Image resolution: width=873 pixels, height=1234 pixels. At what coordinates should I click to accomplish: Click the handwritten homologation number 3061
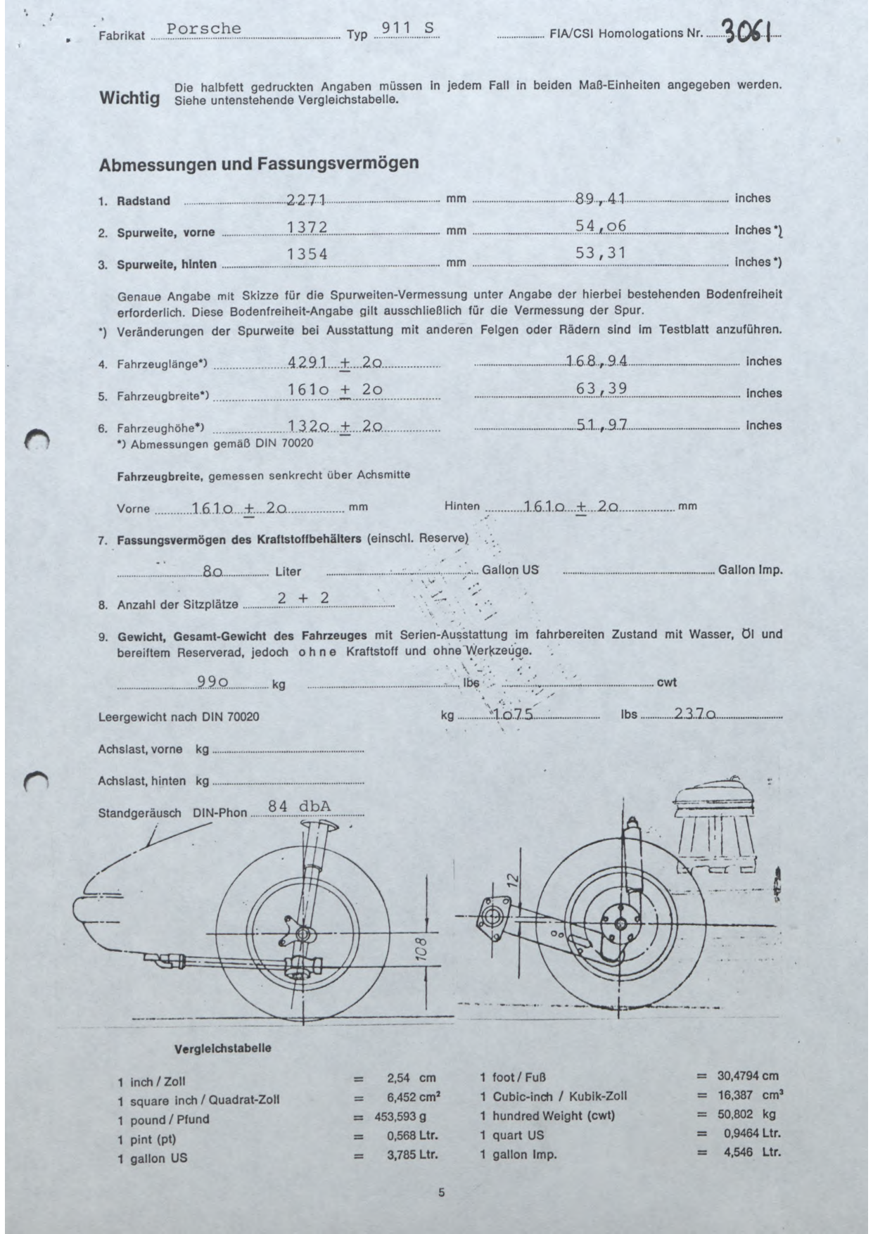point(748,32)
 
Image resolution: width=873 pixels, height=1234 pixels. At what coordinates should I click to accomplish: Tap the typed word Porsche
point(204,29)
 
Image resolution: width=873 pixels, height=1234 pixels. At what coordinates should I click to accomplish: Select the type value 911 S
point(407,28)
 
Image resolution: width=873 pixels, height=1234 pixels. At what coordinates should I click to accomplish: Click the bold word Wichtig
point(129,97)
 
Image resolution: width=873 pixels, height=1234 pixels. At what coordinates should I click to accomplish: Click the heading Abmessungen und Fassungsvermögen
point(259,164)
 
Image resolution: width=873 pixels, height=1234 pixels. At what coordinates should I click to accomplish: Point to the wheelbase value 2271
point(307,200)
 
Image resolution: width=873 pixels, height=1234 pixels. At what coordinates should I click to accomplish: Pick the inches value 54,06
point(600,226)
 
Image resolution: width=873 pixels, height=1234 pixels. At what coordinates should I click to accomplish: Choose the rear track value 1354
point(307,254)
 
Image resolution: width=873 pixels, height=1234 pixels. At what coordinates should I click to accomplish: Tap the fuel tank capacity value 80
point(212,572)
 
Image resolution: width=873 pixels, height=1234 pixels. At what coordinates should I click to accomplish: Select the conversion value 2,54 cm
point(412,1077)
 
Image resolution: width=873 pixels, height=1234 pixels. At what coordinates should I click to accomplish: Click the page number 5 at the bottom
point(441,1192)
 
